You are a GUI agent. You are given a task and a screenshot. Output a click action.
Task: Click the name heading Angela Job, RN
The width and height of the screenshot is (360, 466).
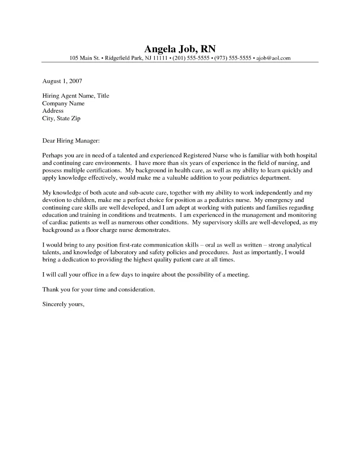[x=180, y=49]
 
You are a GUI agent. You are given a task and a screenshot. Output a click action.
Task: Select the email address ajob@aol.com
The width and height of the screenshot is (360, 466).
[x=273, y=58]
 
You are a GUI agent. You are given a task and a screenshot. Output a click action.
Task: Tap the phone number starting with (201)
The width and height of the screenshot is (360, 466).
[x=191, y=58]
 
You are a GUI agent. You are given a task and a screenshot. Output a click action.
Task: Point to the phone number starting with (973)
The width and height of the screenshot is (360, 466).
[x=233, y=58]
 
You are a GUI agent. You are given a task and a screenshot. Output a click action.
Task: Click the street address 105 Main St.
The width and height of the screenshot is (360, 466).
[x=84, y=58]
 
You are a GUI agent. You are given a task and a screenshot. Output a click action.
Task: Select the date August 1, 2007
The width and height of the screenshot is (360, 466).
[x=62, y=81]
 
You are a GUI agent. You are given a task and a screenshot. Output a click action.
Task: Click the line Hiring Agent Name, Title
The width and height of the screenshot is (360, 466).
[x=76, y=96]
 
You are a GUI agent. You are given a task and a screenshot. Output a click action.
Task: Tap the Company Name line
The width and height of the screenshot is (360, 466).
[x=63, y=103]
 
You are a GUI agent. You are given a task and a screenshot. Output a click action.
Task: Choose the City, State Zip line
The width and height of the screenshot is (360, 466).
[x=61, y=118]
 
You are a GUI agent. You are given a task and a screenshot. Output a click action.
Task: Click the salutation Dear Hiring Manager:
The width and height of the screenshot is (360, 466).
[x=71, y=140]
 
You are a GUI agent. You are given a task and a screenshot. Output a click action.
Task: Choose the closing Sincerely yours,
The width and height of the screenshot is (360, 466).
[x=63, y=304]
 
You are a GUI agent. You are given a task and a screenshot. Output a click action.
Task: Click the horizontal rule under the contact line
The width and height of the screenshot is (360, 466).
[x=180, y=62]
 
